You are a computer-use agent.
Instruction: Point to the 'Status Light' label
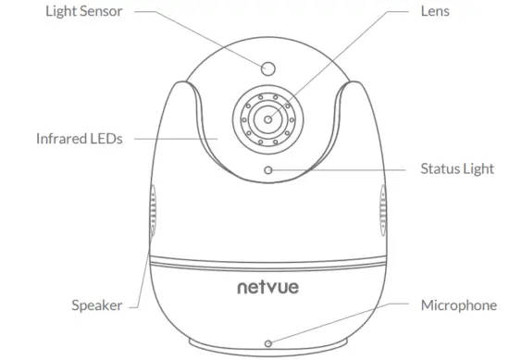(458, 169)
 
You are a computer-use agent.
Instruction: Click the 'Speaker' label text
(97, 304)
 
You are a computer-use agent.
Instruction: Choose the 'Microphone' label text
(459, 304)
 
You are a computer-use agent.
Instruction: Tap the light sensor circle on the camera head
(268, 67)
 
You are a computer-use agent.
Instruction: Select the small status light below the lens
(268, 169)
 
